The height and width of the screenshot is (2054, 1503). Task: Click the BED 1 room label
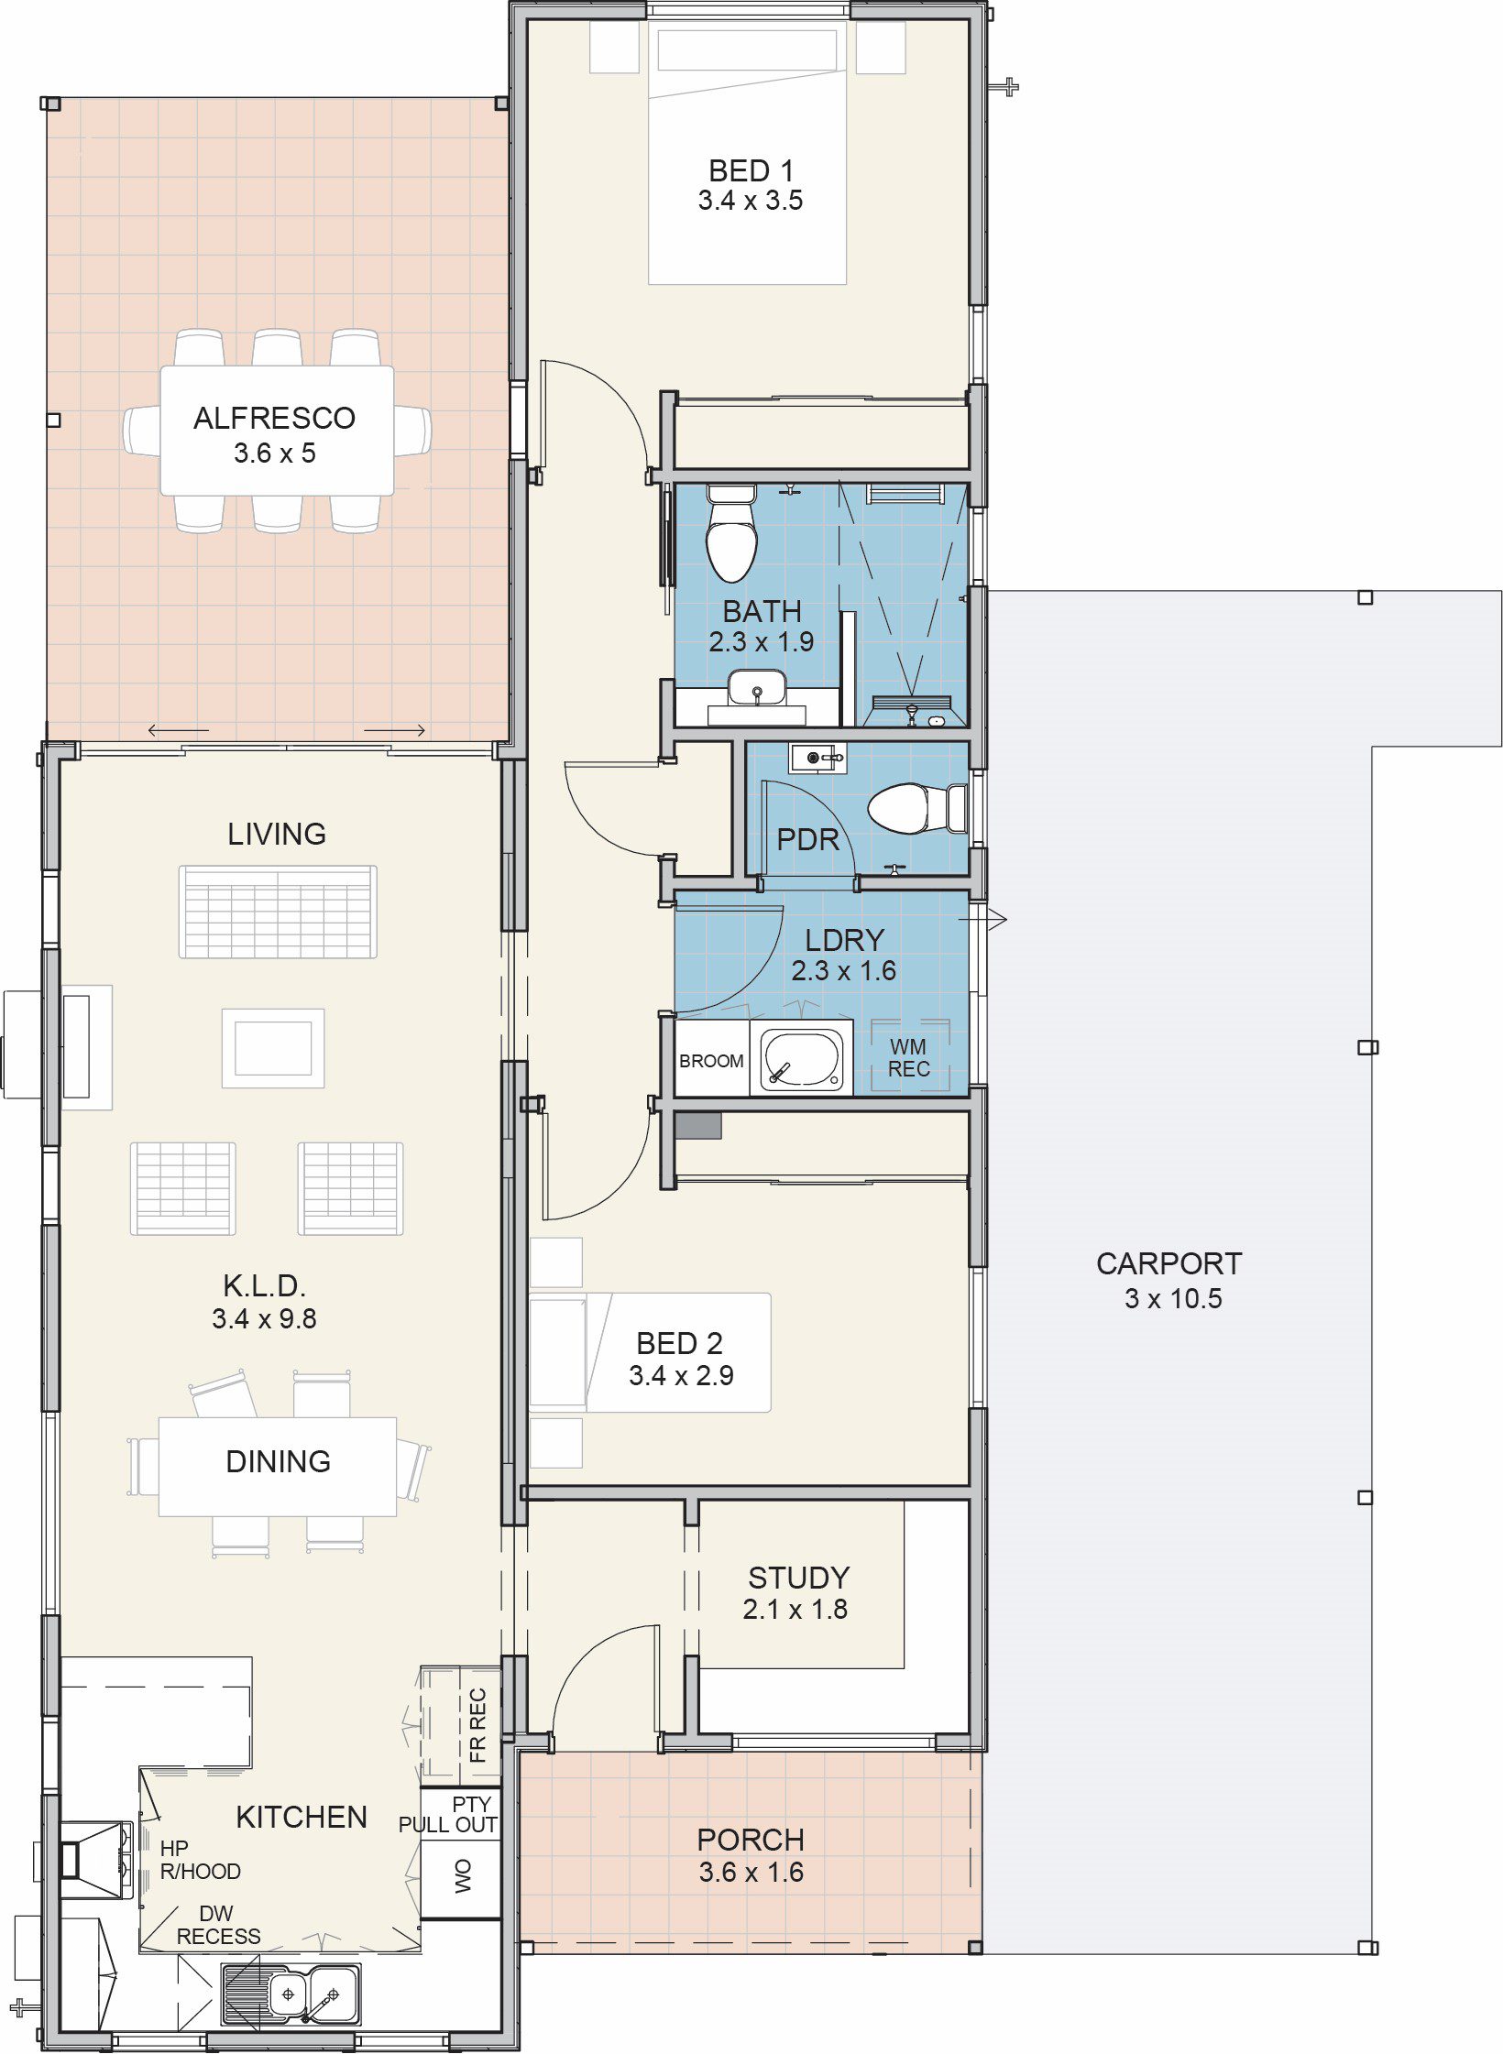[751, 170]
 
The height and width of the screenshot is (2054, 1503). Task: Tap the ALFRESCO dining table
[277, 431]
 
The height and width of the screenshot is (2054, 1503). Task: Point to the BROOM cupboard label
[711, 1061]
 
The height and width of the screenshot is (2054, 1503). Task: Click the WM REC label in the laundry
[908, 1057]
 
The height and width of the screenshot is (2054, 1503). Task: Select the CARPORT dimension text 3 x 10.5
[1173, 1298]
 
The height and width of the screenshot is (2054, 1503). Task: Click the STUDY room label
[799, 1578]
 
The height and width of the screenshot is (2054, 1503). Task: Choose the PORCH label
[751, 1840]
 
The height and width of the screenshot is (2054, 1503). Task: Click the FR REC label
[477, 1725]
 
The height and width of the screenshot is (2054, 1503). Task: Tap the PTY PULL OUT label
[448, 1814]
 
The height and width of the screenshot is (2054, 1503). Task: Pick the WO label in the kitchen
[463, 1875]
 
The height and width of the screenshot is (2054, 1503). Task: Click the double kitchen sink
[292, 1994]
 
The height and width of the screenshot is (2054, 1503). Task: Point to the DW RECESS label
[218, 1925]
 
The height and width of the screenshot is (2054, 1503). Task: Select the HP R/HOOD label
[201, 1860]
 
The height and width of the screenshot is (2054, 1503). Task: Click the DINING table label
[278, 1461]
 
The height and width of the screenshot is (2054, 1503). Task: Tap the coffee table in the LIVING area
[273, 1048]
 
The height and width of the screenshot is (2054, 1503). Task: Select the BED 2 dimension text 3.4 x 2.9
[681, 1375]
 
